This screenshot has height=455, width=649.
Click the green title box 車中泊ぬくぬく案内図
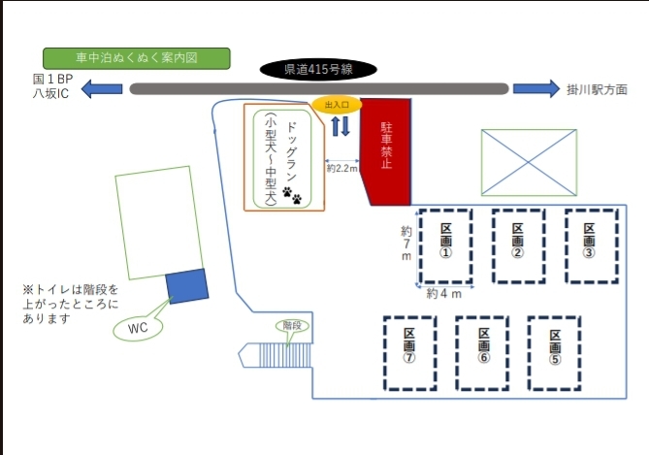136,58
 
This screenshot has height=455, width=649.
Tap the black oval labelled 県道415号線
317,70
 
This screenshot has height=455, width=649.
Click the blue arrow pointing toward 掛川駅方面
536,89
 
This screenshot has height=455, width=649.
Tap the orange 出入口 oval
336,104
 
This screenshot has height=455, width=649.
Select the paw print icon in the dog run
292,197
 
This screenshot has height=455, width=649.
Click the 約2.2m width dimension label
341,168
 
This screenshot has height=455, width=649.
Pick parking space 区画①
445,244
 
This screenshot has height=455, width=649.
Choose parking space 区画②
518,244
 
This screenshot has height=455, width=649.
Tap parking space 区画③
590,244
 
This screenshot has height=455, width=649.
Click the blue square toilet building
187,286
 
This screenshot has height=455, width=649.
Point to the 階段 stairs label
290,326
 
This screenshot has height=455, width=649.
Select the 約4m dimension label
444,293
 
